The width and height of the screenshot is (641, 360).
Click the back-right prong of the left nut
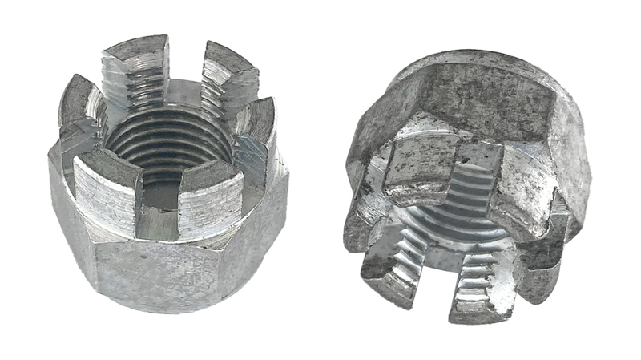(228, 72)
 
